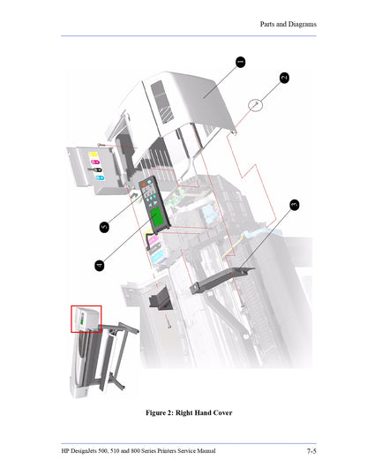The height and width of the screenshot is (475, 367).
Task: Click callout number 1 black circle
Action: (240, 62)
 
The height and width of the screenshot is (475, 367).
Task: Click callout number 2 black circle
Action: (284, 78)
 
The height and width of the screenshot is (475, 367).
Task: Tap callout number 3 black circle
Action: (294, 205)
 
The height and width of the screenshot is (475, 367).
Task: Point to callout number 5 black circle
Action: (104, 227)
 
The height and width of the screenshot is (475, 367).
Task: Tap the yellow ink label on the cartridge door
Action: (94, 153)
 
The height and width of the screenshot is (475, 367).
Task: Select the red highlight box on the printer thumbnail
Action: (86, 318)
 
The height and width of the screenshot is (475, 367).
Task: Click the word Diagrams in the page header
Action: (299, 24)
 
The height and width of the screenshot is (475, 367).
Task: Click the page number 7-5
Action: (311, 451)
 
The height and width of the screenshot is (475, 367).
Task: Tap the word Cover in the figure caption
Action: (221, 412)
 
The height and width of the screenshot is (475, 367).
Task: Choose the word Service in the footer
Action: (202, 451)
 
